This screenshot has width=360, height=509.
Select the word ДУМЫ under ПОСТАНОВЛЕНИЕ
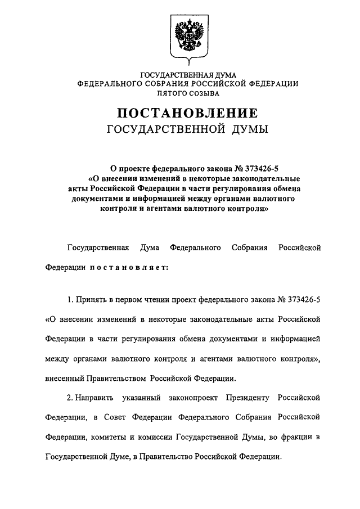[x=249, y=130]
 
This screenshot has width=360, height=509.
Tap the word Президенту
[x=248, y=398]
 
